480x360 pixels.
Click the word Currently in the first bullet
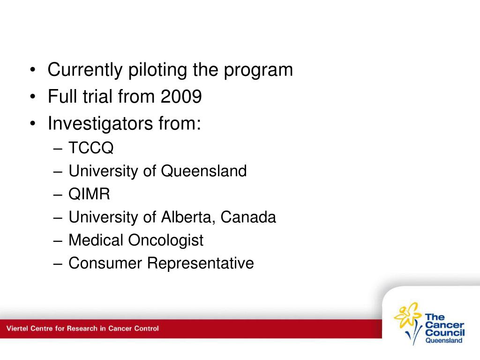point(85,70)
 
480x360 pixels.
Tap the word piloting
point(157,70)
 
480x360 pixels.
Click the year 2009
point(181,97)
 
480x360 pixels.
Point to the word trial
point(97,97)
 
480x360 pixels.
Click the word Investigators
point(100,124)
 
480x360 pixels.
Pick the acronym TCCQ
point(91,148)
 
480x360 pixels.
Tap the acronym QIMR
point(89,194)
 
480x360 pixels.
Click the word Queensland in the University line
point(204,171)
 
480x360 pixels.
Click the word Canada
point(248,217)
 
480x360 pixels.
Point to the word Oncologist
point(165,240)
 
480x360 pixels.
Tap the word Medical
point(96,240)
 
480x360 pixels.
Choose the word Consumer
point(105,263)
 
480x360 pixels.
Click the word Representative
point(201,263)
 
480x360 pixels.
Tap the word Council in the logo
point(445,332)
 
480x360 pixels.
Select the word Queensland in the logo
point(444,340)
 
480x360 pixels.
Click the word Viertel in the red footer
point(17,329)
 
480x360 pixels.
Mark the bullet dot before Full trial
point(33,97)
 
